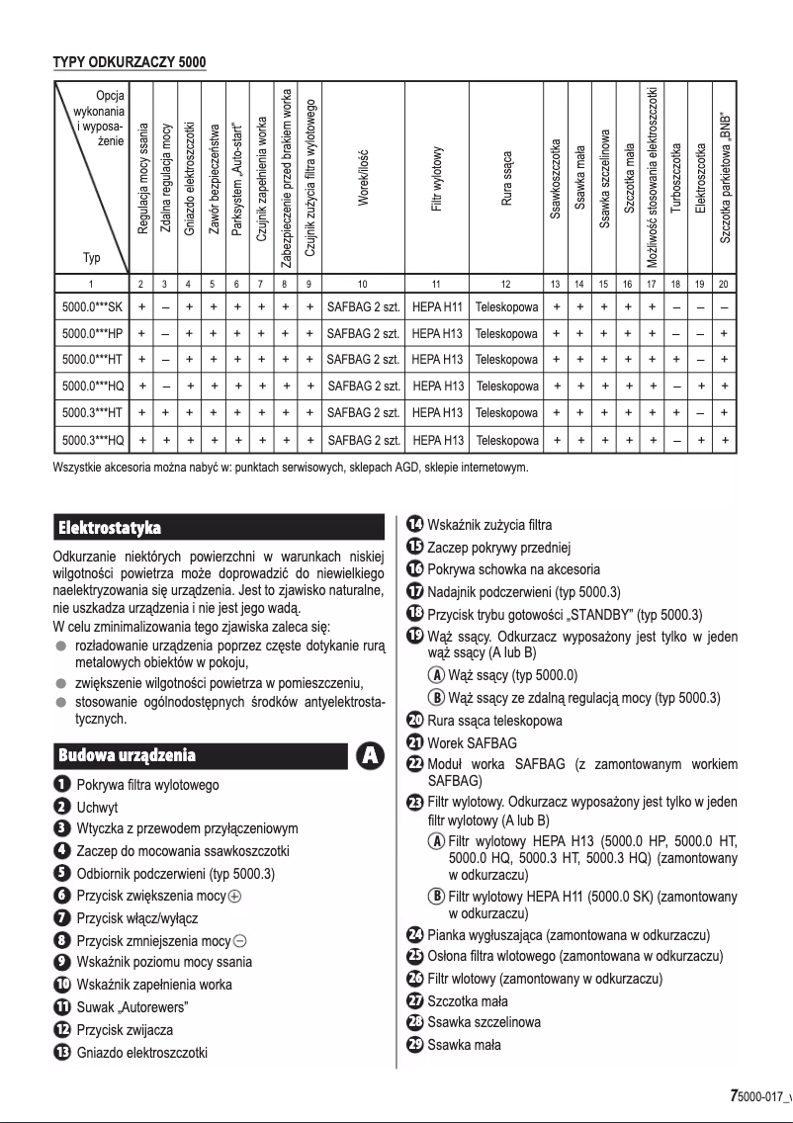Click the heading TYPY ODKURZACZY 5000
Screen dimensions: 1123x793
pyautogui.click(x=130, y=62)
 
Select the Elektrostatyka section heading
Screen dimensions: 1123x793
pyautogui.click(x=109, y=526)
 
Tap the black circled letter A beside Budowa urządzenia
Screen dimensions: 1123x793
pyautogui.click(x=370, y=755)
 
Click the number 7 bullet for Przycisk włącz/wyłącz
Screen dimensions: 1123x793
pyautogui.click(x=61, y=915)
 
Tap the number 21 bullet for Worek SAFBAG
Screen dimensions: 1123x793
pyautogui.click(x=415, y=742)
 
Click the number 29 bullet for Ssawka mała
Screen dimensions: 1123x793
pyautogui.click(x=415, y=1045)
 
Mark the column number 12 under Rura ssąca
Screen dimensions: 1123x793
pyautogui.click(x=506, y=284)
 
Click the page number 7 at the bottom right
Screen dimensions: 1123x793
pyautogui.click(x=733, y=1095)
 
